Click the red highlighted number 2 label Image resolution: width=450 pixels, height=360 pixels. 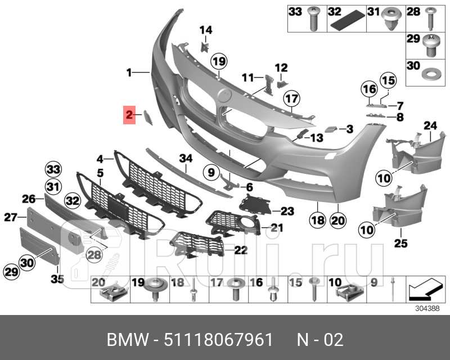(129, 116)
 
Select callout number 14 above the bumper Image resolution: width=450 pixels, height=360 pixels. (205, 30)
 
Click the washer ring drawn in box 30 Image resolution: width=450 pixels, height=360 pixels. (431, 74)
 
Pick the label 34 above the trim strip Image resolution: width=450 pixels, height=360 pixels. (186, 159)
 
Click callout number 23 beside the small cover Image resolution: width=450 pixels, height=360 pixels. (287, 211)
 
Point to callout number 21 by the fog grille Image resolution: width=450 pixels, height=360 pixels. (276, 227)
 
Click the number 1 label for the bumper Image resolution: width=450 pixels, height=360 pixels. (129, 72)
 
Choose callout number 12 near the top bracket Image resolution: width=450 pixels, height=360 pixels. (281, 68)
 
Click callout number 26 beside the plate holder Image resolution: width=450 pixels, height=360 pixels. (29, 198)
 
